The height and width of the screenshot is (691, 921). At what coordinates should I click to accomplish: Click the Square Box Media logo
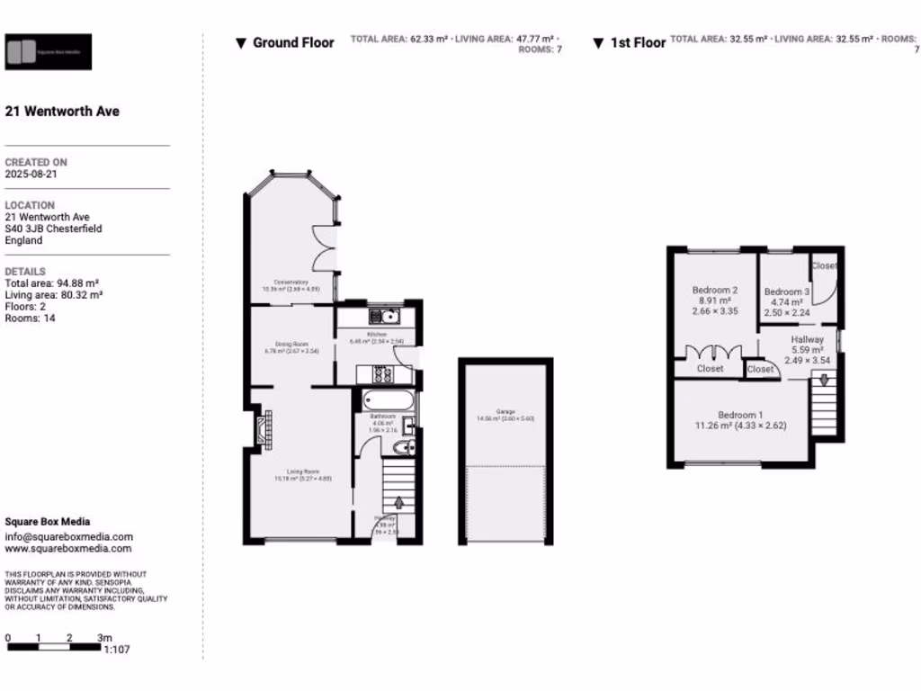click(49, 52)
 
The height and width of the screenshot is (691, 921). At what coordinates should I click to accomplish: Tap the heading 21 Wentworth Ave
click(62, 112)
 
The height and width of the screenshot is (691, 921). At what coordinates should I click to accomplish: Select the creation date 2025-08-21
click(31, 175)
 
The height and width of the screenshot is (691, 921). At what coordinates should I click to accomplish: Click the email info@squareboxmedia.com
click(68, 537)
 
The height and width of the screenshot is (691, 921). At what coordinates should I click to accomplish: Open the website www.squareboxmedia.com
click(68, 549)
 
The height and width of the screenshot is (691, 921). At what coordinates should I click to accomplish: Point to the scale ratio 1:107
click(117, 649)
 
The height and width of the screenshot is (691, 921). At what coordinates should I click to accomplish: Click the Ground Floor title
click(292, 42)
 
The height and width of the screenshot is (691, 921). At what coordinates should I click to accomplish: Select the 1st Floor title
click(638, 42)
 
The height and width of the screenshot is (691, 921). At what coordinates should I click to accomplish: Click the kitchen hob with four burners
click(379, 373)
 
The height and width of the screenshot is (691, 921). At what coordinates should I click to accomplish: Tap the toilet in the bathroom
click(404, 447)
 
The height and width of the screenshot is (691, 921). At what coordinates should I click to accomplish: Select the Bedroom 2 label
click(715, 291)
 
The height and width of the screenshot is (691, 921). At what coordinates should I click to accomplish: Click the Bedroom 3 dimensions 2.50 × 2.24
click(786, 313)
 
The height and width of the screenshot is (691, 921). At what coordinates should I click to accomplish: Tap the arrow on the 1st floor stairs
click(822, 381)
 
